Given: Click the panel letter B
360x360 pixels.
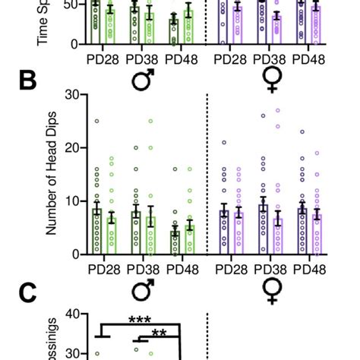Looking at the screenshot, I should (17, 81).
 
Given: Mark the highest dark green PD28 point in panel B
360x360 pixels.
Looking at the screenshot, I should (96, 122).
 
